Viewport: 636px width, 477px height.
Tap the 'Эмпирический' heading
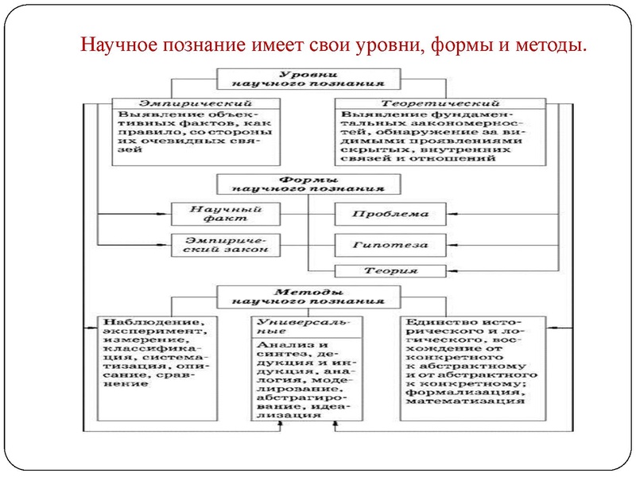point(196,103)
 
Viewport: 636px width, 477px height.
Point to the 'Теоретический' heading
point(440,103)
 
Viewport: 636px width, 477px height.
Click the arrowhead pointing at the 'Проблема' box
point(452,214)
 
